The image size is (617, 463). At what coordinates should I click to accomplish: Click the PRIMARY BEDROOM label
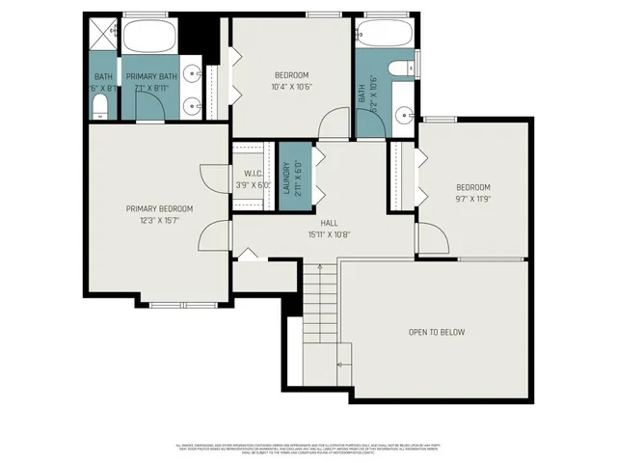point(160,208)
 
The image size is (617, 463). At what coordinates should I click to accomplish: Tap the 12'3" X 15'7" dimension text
point(160,220)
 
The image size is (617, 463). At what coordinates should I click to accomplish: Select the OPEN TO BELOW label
point(436,332)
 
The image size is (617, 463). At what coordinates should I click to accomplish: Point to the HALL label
point(315,223)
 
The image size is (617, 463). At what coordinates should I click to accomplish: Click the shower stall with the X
point(100,36)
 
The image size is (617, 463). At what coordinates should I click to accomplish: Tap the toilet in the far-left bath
point(99,109)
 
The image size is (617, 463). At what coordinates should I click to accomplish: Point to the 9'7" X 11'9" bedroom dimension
point(473,199)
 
